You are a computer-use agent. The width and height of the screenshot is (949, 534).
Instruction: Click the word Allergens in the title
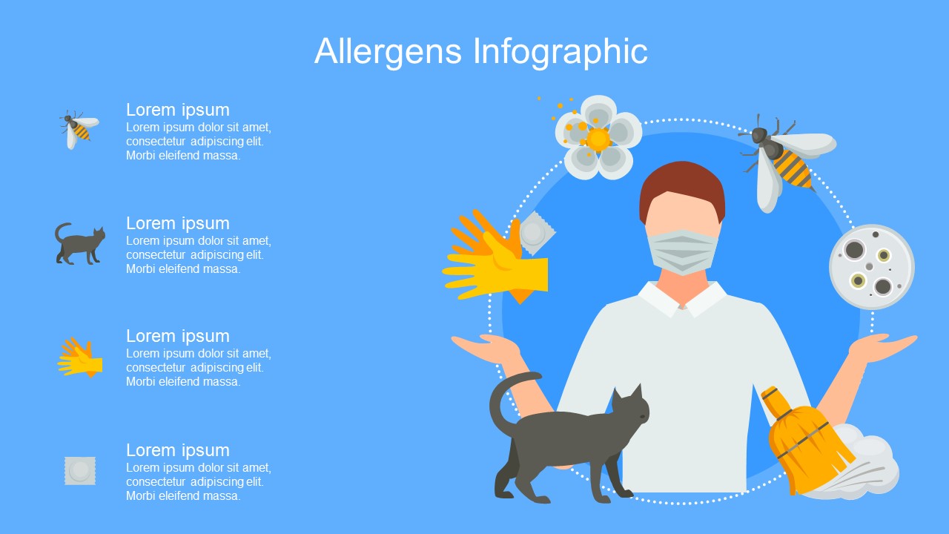point(388,52)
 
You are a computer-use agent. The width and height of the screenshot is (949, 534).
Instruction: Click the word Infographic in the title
point(560,52)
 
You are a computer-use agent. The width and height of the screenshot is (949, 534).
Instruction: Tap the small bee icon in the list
point(79,129)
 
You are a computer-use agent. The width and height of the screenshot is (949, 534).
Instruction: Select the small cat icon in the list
point(79,244)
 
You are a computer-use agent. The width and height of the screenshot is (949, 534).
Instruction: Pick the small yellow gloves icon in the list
point(80,357)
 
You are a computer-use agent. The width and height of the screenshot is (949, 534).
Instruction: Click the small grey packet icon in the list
point(80,471)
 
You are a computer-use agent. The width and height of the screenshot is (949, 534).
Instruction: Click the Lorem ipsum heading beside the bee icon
point(177,111)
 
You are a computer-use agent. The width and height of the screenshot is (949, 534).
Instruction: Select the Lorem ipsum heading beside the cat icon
point(177,223)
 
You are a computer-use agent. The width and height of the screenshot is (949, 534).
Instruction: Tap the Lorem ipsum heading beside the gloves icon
point(177,336)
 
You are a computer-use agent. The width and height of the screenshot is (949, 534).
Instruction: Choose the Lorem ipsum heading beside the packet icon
point(177,450)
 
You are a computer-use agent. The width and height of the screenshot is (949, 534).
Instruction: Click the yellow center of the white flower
point(598,139)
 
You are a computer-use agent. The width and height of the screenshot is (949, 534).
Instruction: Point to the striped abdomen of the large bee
point(793,169)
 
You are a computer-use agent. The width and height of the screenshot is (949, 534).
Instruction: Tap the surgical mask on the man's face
point(682,252)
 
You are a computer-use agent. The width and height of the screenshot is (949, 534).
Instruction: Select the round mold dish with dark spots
point(871,266)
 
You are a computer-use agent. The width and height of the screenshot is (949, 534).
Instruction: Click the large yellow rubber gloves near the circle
point(496,259)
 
